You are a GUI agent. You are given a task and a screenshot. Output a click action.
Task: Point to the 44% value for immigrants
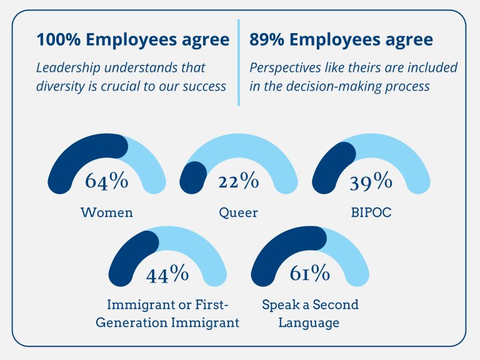point(167,273)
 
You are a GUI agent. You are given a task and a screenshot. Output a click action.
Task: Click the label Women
point(107,212)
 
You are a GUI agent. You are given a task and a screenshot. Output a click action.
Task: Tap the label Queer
point(238,212)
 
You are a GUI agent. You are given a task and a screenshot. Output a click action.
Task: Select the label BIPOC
point(371,212)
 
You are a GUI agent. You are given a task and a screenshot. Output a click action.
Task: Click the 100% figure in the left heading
point(59,40)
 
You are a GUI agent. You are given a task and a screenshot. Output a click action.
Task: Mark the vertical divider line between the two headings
point(238,62)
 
